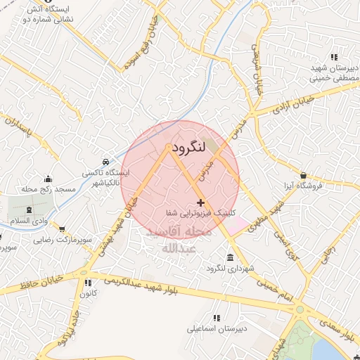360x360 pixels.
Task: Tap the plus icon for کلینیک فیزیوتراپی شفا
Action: pos(191,202)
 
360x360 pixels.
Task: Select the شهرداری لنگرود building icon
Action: pos(231,257)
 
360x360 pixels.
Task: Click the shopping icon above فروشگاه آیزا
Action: pos(303,175)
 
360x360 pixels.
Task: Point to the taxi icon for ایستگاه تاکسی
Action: pos(105,161)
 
